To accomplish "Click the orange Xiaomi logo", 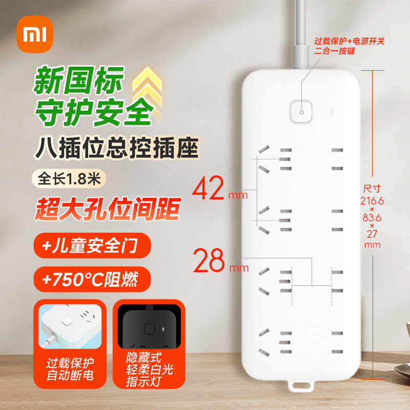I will (x=36, y=35).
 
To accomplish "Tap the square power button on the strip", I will (x=301, y=111).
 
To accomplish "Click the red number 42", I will (x=209, y=190).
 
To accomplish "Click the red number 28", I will (x=209, y=261).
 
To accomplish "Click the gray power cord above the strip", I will (x=299, y=36).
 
